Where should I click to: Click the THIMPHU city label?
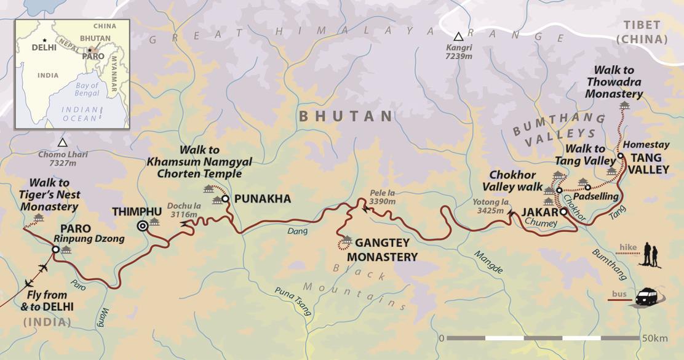coord(137,212)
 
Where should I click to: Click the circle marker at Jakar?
coord(563,212)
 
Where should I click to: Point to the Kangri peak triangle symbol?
coord(458,36)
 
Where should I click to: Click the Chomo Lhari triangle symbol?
coord(62,143)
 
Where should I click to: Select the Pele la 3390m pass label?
coord(382,197)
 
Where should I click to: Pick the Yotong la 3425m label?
coord(490,205)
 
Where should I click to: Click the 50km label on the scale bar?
coord(654,338)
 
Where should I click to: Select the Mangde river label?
coord(488,262)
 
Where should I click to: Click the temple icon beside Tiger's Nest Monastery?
coord(39,218)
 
